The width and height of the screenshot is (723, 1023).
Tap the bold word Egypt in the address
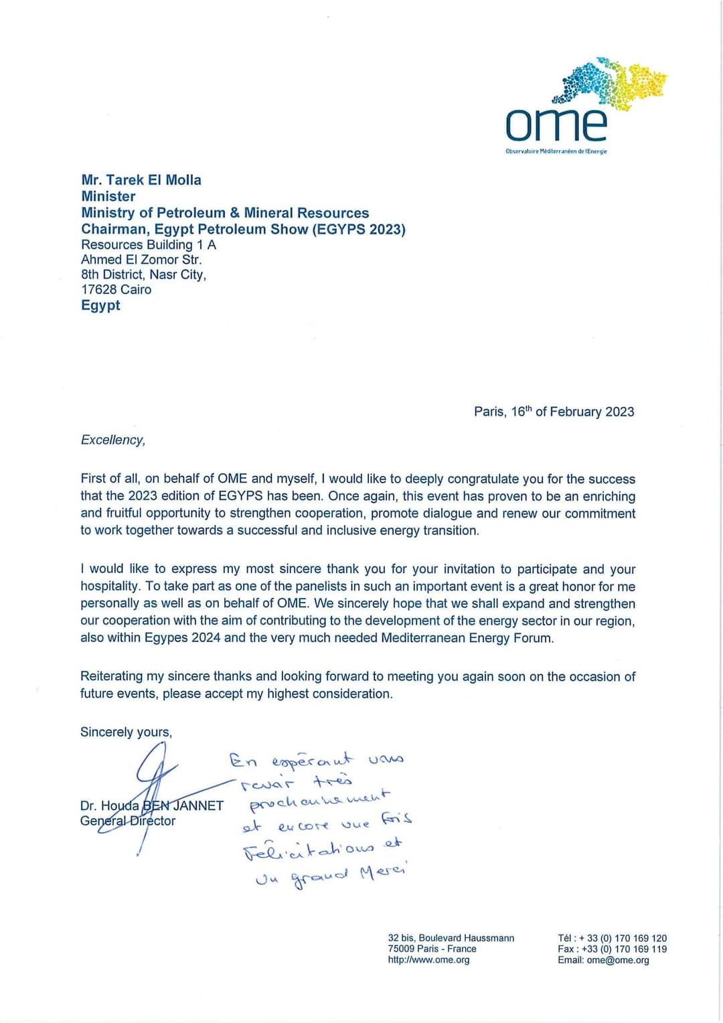tap(100, 305)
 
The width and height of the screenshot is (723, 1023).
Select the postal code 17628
tap(99, 289)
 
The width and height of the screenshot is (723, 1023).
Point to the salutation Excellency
tap(112, 440)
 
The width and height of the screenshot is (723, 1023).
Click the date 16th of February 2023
tap(572, 412)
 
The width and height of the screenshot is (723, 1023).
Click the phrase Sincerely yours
tap(126, 732)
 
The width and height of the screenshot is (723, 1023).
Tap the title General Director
tap(127, 821)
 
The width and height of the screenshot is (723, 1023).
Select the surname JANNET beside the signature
tap(198, 805)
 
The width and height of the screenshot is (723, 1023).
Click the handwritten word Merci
tap(383, 872)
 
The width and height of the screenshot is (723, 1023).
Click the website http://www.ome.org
tap(428, 960)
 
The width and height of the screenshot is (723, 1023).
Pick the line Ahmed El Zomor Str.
tap(141, 260)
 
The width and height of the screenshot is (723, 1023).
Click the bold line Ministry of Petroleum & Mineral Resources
tap(225, 213)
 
